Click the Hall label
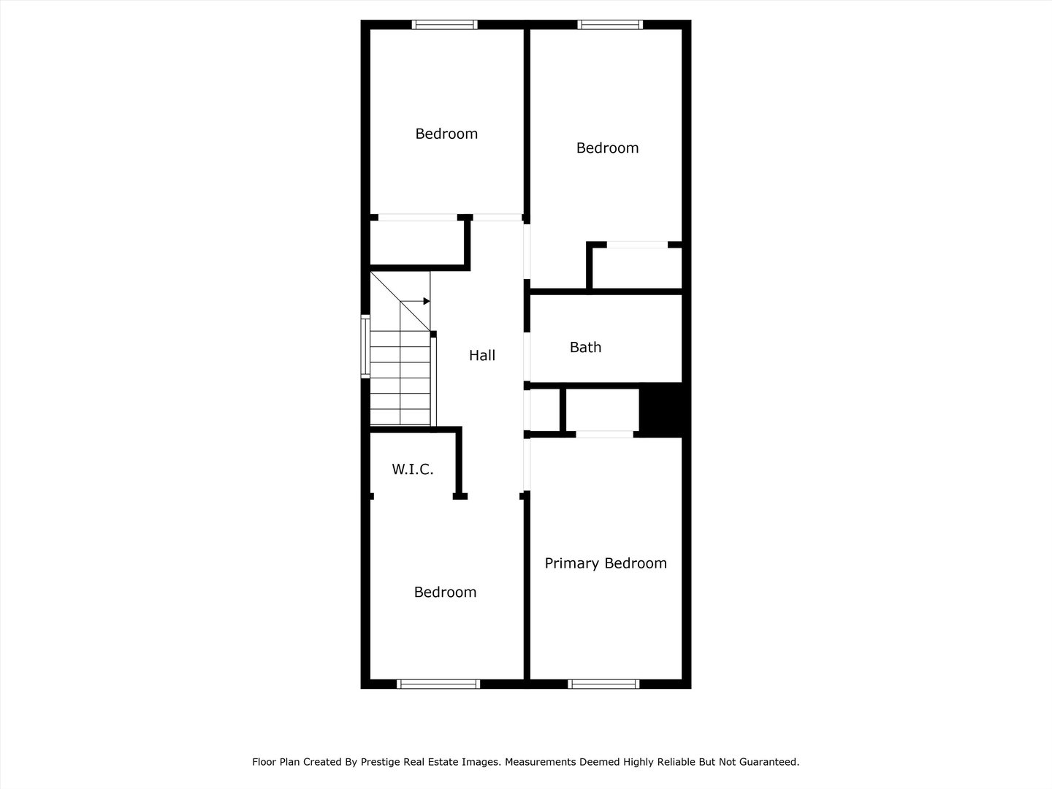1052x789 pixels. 482,356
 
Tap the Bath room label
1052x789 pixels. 585,348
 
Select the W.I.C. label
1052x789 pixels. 413,470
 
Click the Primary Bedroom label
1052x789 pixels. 606,563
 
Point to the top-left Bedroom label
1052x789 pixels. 446,134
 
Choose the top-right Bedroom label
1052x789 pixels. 607,148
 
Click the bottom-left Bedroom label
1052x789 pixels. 445,592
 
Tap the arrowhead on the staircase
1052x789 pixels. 427,301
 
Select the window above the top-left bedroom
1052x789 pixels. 444,25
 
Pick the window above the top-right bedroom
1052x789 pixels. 610,25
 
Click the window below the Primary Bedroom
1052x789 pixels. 603,685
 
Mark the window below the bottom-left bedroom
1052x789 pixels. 438,685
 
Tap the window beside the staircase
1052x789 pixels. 365,346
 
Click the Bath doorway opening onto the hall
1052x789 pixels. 527,357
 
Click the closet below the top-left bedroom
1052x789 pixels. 416,243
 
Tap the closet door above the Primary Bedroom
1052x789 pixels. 604,435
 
